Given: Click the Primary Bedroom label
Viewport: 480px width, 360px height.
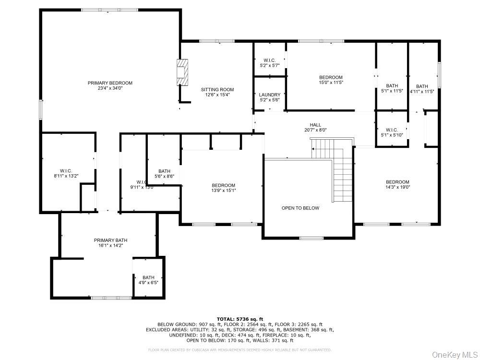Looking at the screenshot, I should (x=110, y=83).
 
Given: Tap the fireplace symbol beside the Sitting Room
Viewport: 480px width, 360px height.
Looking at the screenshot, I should (x=183, y=72).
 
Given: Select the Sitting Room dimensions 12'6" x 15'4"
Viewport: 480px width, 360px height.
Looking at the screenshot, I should (x=217, y=95).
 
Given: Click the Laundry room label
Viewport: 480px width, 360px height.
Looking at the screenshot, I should (x=269, y=95).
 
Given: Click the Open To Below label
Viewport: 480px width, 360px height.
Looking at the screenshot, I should (x=300, y=208).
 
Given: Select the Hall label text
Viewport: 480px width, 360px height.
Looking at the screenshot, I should (x=315, y=125).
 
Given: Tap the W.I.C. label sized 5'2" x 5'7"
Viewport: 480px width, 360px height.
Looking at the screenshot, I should (x=269, y=60).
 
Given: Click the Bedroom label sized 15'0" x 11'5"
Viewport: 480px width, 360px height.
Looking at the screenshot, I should (x=331, y=77).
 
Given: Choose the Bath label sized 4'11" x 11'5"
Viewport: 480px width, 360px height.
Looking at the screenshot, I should (x=422, y=86).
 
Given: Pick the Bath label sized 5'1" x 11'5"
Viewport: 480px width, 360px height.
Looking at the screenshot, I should (x=392, y=86).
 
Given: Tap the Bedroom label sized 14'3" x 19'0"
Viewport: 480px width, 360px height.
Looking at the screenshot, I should (x=397, y=182).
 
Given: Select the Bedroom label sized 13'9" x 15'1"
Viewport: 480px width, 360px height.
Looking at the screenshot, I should (x=224, y=185).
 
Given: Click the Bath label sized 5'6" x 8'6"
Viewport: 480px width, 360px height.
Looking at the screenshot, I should (x=165, y=171).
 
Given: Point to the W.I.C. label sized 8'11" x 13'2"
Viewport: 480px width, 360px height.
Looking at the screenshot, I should (x=66, y=171).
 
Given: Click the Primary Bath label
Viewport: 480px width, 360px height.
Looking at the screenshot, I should (x=110, y=240).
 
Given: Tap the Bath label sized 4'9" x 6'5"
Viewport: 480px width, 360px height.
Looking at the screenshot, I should (x=148, y=277).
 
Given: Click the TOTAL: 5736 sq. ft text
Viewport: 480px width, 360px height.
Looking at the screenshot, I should (x=240, y=319).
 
